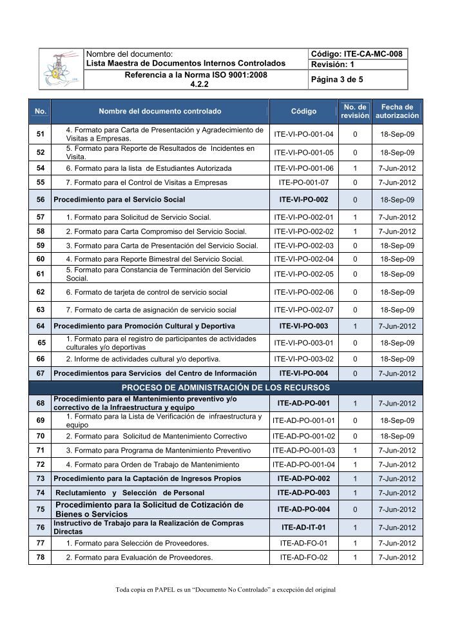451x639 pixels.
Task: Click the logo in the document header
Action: [x=62, y=69]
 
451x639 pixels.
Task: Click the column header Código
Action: [x=303, y=111]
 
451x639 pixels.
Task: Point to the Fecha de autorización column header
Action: [x=397, y=111]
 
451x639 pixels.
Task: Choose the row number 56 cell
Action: [x=41, y=200]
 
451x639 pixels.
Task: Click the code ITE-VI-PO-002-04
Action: [x=303, y=259]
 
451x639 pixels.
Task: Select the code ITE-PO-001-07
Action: [x=303, y=182]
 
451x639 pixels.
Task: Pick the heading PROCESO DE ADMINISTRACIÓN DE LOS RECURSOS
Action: [x=225, y=388]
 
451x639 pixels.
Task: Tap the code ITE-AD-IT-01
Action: [x=303, y=527]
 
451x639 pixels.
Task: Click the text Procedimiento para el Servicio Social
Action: [x=119, y=200]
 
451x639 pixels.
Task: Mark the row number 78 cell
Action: [x=41, y=557]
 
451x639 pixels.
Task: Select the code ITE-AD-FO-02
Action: [x=303, y=557]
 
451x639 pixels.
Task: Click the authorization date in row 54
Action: [x=397, y=168]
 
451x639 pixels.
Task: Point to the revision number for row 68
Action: [x=355, y=404]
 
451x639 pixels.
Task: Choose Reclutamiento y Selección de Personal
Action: [x=130, y=493]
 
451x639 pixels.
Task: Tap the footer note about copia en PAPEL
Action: [x=225, y=589]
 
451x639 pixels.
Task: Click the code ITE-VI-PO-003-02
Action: [x=303, y=359]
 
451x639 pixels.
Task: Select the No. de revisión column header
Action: [x=355, y=111]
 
